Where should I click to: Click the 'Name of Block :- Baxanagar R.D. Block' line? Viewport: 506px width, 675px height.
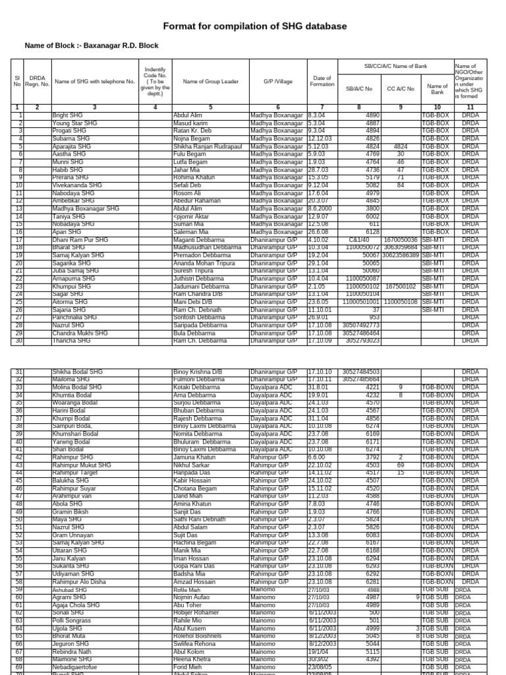click(92, 45)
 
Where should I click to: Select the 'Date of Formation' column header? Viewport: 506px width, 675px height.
click(322, 81)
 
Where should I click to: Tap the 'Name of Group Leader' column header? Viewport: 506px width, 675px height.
click(210, 81)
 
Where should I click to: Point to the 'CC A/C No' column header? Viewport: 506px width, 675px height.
click(401, 89)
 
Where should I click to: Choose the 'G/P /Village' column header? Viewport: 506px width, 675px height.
click(277, 81)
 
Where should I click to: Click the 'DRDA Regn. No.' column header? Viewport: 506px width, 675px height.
click(38, 81)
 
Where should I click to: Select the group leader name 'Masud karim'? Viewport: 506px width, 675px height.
click(190, 123)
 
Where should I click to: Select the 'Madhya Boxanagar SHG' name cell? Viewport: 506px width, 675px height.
click(86, 209)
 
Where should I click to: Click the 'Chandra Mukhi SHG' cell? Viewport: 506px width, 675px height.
click(80, 334)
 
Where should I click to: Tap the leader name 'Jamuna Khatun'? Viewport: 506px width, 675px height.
click(194, 457)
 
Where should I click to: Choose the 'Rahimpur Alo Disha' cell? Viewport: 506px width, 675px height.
click(78, 582)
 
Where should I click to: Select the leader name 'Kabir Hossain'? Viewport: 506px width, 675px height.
click(192, 481)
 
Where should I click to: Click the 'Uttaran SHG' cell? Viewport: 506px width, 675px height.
click(70, 550)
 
